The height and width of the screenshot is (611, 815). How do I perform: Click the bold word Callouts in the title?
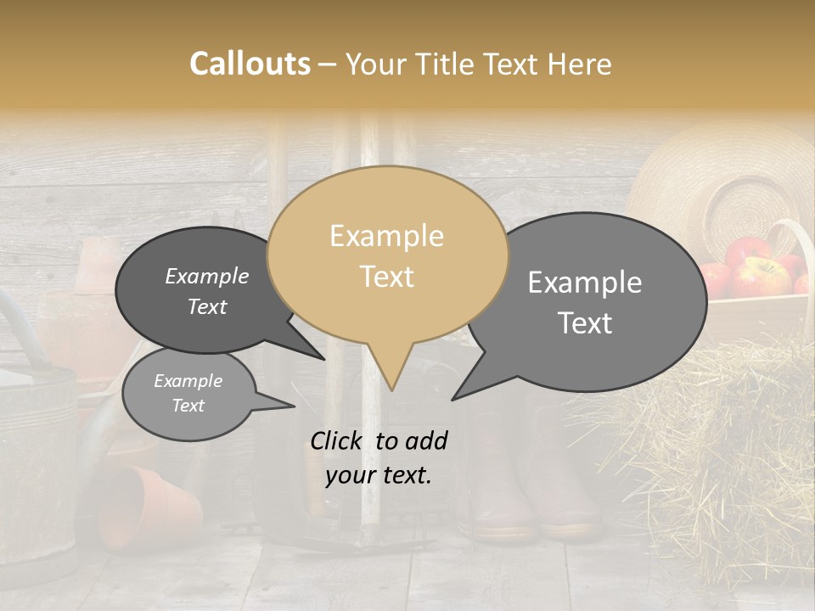pyautogui.click(x=250, y=64)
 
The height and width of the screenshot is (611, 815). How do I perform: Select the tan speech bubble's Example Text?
pyautogui.click(x=387, y=255)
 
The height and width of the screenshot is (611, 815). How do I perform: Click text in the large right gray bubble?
pyautogui.click(x=585, y=302)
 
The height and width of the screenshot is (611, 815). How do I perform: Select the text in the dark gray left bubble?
pyautogui.click(x=207, y=291)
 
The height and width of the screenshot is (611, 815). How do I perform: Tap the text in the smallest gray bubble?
pyautogui.click(x=188, y=393)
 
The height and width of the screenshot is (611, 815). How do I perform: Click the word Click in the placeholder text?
pyautogui.click(x=338, y=440)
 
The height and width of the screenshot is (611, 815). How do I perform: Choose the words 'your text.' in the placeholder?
pyautogui.click(x=379, y=475)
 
